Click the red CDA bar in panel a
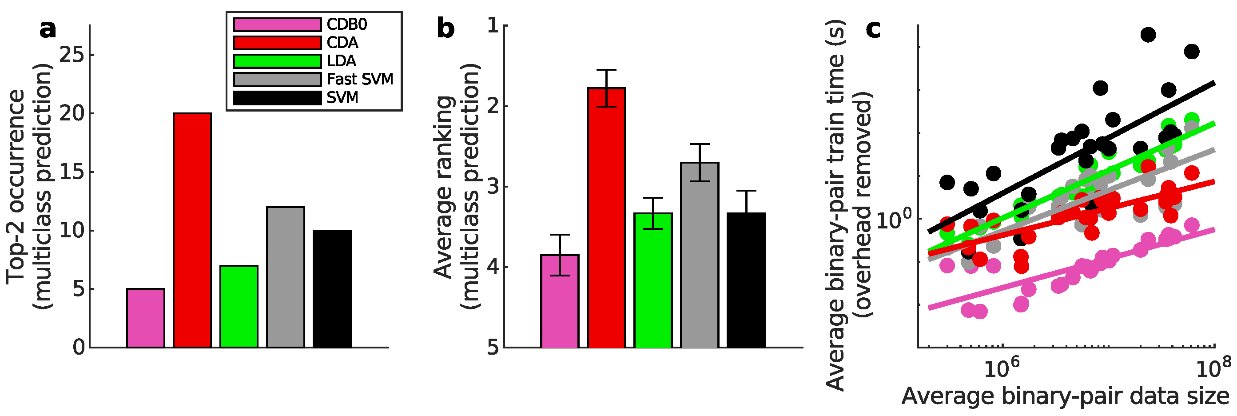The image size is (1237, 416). tap(192, 231)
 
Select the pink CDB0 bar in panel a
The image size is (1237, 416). tap(146, 318)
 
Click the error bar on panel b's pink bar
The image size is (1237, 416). tap(560, 255)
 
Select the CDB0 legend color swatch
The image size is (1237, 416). tap(277, 24)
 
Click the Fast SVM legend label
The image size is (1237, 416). tap(360, 79)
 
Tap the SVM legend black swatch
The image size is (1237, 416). tap(277, 97)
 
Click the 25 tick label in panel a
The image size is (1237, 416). tap(72, 55)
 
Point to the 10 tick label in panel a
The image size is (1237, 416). tap(72, 231)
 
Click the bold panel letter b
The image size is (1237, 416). tap(445, 29)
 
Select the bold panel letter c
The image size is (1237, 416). tap(873, 29)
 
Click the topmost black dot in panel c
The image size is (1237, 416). tap(1148, 35)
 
